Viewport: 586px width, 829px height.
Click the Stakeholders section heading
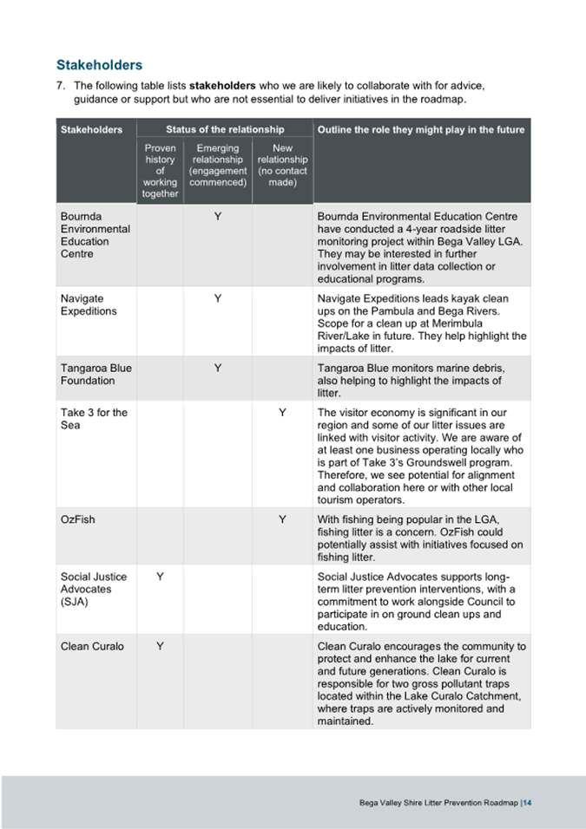click(99, 65)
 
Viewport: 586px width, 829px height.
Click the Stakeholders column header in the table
click(91, 130)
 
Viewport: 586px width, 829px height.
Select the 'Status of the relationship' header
click(225, 130)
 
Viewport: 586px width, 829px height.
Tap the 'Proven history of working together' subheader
click(160, 171)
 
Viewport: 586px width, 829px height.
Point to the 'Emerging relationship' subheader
click(217, 166)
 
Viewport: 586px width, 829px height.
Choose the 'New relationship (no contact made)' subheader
click(282, 166)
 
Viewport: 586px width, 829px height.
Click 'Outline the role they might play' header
click(421, 130)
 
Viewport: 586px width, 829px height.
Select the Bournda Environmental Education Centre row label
click(95, 235)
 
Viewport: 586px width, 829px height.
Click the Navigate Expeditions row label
click(89, 304)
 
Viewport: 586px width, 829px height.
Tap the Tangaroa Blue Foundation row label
click(95, 374)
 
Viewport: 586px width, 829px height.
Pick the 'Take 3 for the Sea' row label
click(94, 419)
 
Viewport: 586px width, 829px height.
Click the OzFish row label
click(77, 519)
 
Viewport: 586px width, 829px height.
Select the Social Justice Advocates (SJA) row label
click(93, 589)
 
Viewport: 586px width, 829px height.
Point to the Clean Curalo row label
click(92, 646)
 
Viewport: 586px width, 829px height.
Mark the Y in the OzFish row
click(282, 519)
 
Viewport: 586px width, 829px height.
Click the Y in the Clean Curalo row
click(160, 646)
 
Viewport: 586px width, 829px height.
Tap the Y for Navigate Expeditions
click(217, 298)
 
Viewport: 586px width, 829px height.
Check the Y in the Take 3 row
click(282, 413)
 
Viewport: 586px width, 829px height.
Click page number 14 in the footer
click(527, 803)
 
